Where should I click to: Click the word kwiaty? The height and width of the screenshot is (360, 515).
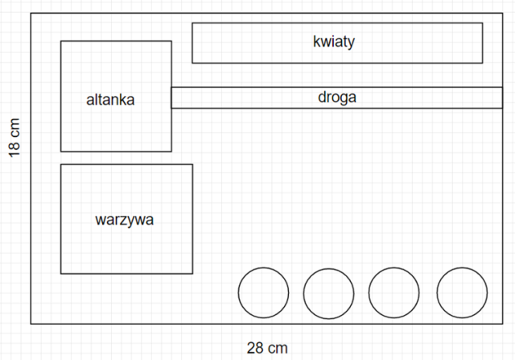[x=334, y=42]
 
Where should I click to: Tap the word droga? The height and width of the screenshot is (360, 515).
[x=336, y=97]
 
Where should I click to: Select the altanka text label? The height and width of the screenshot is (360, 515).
[x=110, y=101]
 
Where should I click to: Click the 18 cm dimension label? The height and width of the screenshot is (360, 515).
[x=14, y=139]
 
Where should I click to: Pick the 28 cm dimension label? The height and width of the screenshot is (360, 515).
[x=267, y=348]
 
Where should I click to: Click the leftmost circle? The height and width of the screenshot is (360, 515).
[x=263, y=292]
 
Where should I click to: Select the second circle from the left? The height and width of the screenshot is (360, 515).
[x=328, y=292]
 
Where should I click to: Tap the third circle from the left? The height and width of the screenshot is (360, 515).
[x=393, y=292]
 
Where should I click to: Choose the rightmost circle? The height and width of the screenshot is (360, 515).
[x=461, y=292]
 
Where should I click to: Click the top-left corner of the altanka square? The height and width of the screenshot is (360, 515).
[x=61, y=41]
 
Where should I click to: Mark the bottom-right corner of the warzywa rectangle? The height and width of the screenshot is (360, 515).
[x=192, y=274]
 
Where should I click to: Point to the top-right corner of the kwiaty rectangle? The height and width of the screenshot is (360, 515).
[x=483, y=23]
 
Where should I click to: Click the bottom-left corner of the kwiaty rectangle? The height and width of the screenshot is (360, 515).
[x=192, y=62]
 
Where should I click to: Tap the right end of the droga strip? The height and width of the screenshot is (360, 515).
[x=501, y=97]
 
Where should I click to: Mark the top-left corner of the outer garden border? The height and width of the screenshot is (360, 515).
[x=31, y=13]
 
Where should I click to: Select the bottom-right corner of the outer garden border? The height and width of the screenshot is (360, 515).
[x=501, y=324]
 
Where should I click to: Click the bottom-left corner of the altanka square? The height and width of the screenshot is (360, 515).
[x=61, y=151]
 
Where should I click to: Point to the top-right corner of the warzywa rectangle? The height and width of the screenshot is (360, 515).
[x=192, y=164]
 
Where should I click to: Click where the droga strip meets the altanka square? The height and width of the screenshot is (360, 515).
[x=171, y=97]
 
